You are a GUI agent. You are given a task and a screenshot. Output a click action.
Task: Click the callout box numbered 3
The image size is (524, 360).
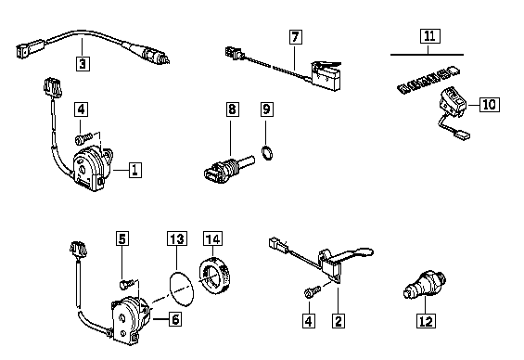point(83,63)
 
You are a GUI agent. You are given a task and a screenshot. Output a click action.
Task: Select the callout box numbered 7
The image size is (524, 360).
point(296,37)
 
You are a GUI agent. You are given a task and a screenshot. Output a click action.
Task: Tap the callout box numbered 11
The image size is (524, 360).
point(429,36)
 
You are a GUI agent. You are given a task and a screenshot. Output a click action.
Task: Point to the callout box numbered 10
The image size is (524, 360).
point(490,105)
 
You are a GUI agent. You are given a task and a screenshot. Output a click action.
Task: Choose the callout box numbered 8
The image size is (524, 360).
point(232,109)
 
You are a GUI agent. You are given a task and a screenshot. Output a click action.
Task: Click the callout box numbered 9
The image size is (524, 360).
point(266,109)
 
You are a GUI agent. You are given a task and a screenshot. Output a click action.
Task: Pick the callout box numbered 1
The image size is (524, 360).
point(134,170)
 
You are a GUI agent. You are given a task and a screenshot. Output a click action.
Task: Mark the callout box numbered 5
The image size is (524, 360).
point(122,238)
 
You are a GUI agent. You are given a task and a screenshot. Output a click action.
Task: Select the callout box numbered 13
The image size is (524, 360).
point(177,238)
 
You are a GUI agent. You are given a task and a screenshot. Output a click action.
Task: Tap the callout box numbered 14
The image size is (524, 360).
point(213,238)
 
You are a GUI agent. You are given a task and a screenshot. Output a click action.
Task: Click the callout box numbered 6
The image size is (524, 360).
point(175,319)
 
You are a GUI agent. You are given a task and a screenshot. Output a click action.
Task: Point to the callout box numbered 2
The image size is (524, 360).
point(339,321)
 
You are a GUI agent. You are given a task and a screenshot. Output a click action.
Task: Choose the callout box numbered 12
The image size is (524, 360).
point(426,321)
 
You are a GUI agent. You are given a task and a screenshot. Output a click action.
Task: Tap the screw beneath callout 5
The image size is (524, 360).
point(128,284)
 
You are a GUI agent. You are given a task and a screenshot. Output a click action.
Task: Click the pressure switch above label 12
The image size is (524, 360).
point(425,284)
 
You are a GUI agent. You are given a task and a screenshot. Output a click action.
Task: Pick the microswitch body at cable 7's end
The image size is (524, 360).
point(326,76)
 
